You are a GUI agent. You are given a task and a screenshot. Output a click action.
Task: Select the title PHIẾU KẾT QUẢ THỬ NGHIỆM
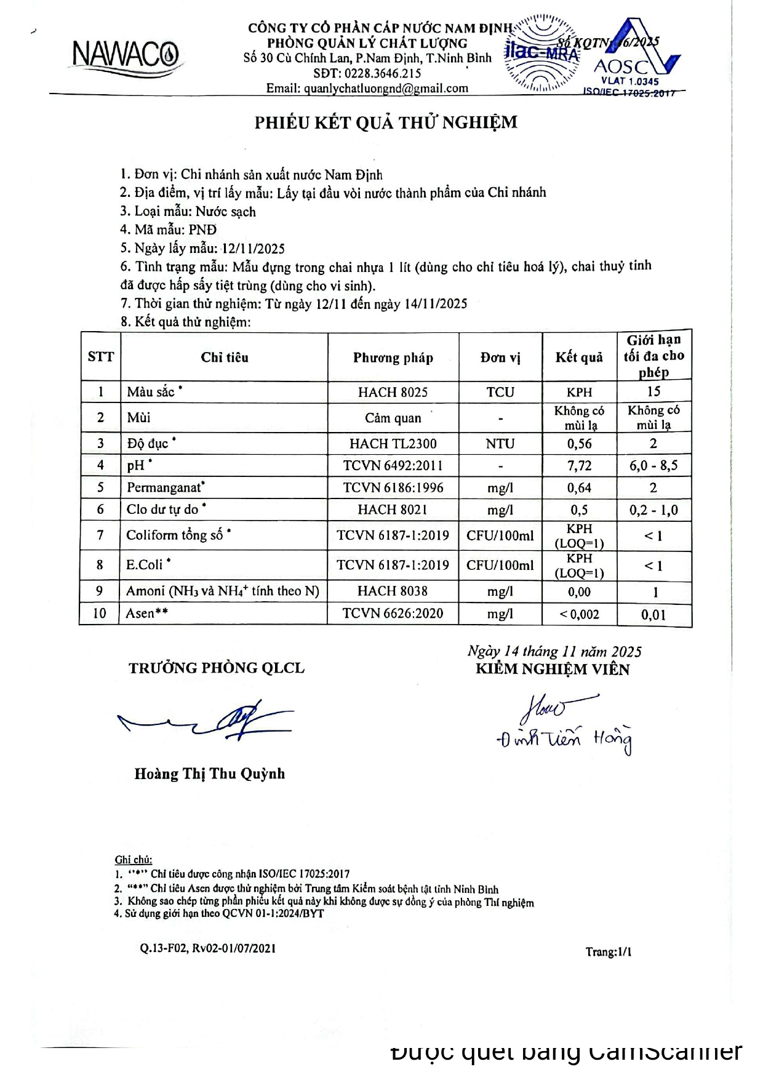386,122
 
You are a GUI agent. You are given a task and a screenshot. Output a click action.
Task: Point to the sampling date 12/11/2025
254,249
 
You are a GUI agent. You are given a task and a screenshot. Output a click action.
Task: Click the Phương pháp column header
393,358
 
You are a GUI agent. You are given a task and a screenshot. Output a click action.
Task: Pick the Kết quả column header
578,358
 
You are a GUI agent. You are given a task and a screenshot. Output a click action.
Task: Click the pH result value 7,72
578,466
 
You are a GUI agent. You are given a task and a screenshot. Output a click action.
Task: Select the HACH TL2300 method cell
393,444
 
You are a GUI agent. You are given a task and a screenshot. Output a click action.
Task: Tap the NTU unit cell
500,444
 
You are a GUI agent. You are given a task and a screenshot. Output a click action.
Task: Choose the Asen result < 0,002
578,614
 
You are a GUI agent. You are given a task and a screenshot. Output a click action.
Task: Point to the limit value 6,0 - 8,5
653,466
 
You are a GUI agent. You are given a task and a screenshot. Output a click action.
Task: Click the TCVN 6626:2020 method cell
393,614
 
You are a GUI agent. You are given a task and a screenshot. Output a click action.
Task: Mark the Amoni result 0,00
578,592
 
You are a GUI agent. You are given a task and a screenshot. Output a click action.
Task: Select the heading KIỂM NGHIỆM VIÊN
553,670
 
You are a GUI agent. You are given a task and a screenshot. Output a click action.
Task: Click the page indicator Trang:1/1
608,952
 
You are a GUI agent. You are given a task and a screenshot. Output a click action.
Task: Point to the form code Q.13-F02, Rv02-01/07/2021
207,948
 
